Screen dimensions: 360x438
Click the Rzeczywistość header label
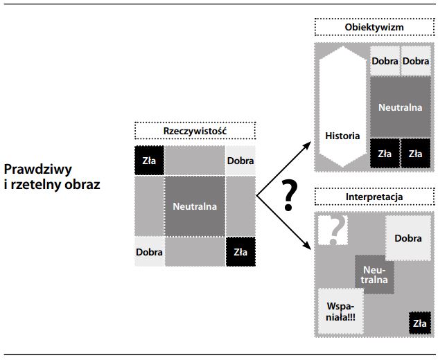tap(195, 131)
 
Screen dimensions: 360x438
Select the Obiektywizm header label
tap(374, 28)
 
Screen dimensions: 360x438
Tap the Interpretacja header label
tap(374, 197)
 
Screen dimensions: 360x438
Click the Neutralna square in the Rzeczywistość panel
tap(195, 206)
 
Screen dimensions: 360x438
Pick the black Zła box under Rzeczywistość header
tap(149, 161)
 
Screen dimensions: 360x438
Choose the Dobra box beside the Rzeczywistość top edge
tap(240, 161)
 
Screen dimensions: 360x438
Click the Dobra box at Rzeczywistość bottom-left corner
tap(149, 252)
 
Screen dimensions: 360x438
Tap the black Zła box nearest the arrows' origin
tap(240, 252)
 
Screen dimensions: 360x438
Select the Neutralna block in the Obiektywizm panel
tap(400, 107)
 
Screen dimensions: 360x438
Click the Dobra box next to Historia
tap(385, 61)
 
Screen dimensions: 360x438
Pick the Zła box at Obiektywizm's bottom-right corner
tap(415, 154)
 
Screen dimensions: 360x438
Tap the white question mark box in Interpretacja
tap(333, 230)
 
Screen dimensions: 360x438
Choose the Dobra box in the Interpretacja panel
tap(408, 238)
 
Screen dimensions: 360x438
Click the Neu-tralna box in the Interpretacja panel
tap(374, 274)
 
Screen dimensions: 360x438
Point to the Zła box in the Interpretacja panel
tap(419, 323)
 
